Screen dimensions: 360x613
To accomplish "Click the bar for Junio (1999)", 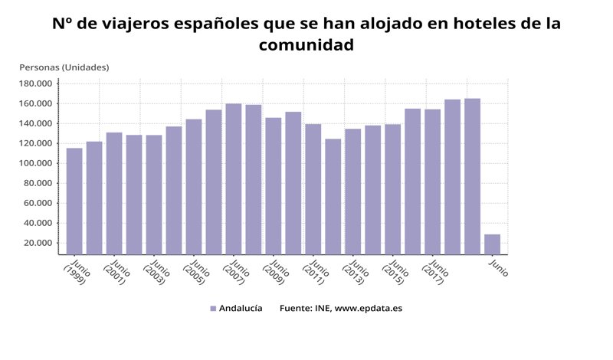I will point(74,201).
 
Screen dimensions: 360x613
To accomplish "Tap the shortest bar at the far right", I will point(492,244).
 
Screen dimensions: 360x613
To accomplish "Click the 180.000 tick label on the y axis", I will point(35,83).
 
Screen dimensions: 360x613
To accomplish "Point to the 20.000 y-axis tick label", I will point(38,243).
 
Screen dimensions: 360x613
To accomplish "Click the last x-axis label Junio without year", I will point(498,269).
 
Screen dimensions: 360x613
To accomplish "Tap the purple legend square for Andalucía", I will point(213,309).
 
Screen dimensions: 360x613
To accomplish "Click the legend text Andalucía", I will point(241,309).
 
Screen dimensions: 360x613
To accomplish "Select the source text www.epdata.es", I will point(369,309).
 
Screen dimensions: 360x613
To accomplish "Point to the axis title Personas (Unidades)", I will point(64,67).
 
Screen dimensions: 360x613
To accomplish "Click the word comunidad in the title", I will point(306,45).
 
